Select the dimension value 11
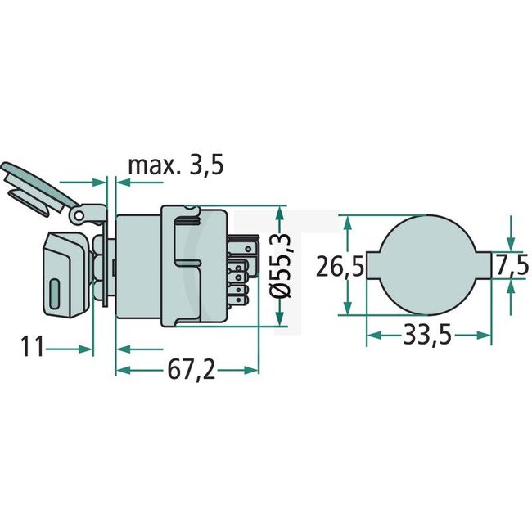click(x=33, y=347)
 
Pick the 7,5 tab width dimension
click(x=512, y=265)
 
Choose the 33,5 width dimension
click(x=430, y=336)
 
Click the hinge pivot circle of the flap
click(x=79, y=215)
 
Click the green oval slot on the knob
click(x=54, y=295)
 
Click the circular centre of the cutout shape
click(x=429, y=264)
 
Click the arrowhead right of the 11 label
click(x=88, y=348)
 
